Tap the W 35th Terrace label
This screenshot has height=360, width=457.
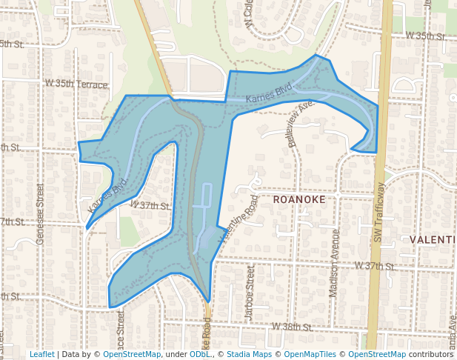(x=76, y=85)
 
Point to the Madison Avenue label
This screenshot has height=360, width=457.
(x=334, y=263)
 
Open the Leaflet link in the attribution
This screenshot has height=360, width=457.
(x=41, y=354)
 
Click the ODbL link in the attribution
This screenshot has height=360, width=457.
(x=199, y=354)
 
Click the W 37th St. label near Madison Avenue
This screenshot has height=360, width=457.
(x=373, y=265)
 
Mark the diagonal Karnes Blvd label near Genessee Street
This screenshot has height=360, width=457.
(x=108, y=195)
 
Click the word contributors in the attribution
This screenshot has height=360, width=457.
(x=431, y=354)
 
